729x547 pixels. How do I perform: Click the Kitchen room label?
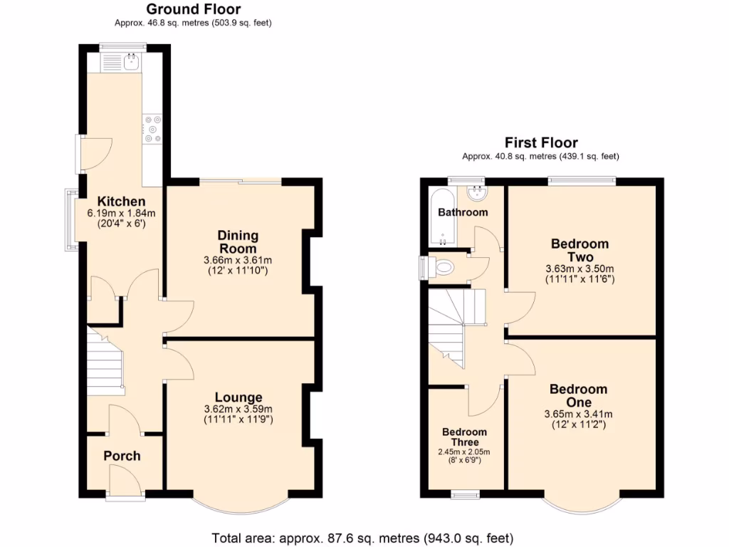coord(121,202)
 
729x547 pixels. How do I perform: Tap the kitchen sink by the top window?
coord(131,63)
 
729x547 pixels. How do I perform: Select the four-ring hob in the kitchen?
coord(153,129)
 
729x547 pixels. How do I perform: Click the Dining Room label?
coord(238,242)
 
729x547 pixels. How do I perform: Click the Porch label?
coord(122,456)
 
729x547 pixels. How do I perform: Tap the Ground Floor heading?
coord(193,9)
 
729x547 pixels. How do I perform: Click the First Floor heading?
coord(541,142)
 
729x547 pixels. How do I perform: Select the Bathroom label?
coord(463,212)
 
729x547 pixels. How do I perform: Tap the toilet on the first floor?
coord(442,268)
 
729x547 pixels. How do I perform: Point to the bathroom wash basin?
coord(476,192)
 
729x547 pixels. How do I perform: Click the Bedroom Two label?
coord(579,250)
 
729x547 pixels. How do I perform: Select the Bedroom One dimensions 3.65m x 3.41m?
coord(578,415)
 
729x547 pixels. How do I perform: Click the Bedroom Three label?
coord(464,437)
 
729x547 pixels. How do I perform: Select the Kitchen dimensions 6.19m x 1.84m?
coord(121,213)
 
